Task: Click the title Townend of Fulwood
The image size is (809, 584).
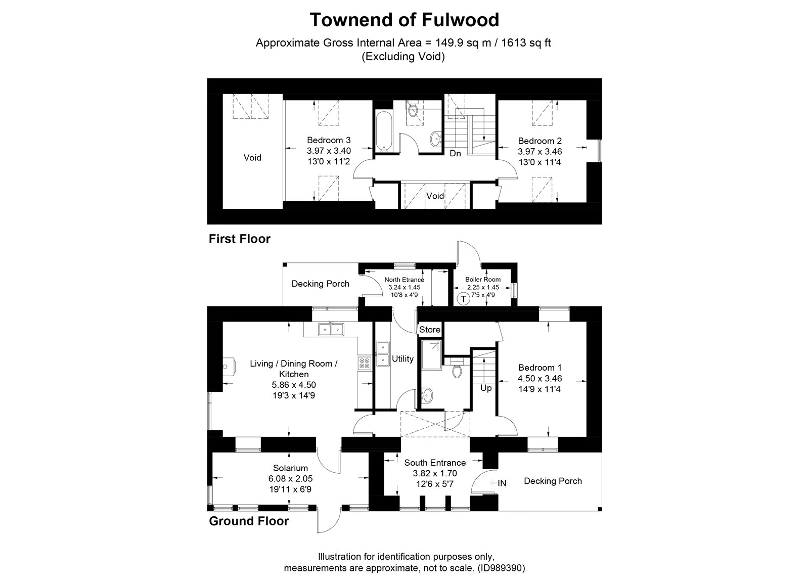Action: coord(404,20)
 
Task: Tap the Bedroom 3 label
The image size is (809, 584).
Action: coord(329,140)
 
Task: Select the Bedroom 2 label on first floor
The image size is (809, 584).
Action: coord(540,141)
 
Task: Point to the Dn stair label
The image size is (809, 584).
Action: coord(455,154)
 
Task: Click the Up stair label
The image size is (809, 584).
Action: coord(486,388)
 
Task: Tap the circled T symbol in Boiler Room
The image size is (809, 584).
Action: coord(463,299)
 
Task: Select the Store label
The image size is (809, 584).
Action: coord(429,329)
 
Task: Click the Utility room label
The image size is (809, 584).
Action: coord(402,358)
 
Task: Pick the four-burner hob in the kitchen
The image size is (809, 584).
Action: coord(365,364)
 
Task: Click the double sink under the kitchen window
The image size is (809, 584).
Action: coord(331,329)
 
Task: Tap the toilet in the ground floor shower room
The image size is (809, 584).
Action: coord(457,369)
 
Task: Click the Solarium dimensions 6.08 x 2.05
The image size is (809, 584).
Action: coord(290,478)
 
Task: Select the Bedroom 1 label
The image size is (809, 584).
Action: coord(540,368)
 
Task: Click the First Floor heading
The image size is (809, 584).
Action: coord(240,239)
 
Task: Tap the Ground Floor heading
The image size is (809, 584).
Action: coord(249,521)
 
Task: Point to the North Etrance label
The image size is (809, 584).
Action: coord(404,280)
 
